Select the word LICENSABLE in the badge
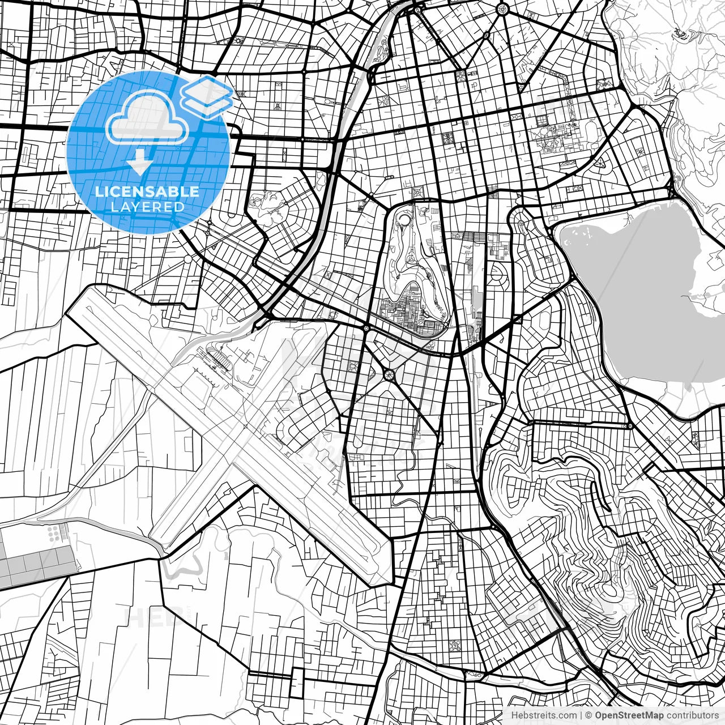click(x=147, y=191)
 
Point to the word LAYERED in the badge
click(x=147, y=207)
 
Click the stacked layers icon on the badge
click(x=207, y=96)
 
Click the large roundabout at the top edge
click(x=502, y=8)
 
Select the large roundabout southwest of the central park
click(x=390, y=374)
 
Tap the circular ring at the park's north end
click(x=405, y=219)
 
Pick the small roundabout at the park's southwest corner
click(x=366, y=329)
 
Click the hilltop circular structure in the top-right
click(x=682, y=35)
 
